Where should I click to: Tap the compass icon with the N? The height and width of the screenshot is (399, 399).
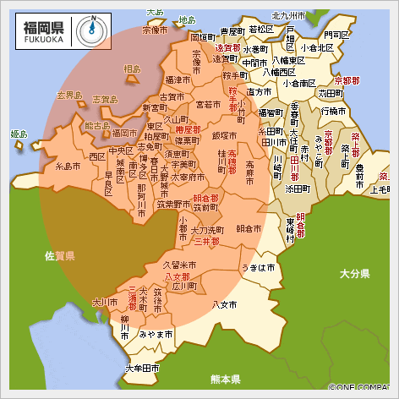coord(91,30)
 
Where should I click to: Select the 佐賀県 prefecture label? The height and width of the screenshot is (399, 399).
coord(61,254)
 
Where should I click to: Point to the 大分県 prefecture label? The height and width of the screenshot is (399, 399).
coord(355,274)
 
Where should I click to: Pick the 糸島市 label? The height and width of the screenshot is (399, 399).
coord(67,167)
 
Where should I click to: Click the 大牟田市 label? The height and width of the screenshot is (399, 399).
coord(142,369)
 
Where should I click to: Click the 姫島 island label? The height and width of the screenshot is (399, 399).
coord(19,134)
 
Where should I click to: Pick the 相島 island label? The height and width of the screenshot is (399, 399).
coord(133,68)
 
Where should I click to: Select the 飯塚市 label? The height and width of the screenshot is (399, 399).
coord(224,135)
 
